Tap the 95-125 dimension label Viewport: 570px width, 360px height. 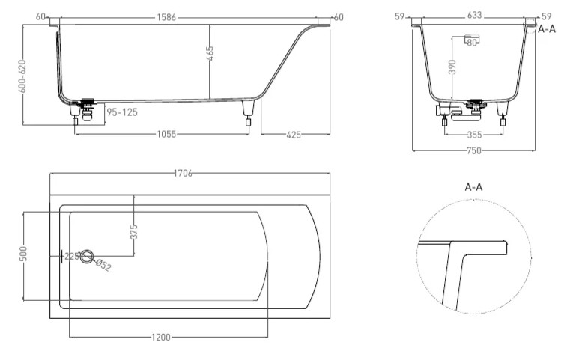121,113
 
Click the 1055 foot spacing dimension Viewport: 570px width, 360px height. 166,134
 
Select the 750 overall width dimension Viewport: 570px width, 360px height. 473,151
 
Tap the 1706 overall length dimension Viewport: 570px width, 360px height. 183,173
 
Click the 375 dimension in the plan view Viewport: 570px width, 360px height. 134,232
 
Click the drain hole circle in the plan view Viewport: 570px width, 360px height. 88,257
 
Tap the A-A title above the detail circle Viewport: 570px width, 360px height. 473,187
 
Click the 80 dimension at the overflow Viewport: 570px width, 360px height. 472,43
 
